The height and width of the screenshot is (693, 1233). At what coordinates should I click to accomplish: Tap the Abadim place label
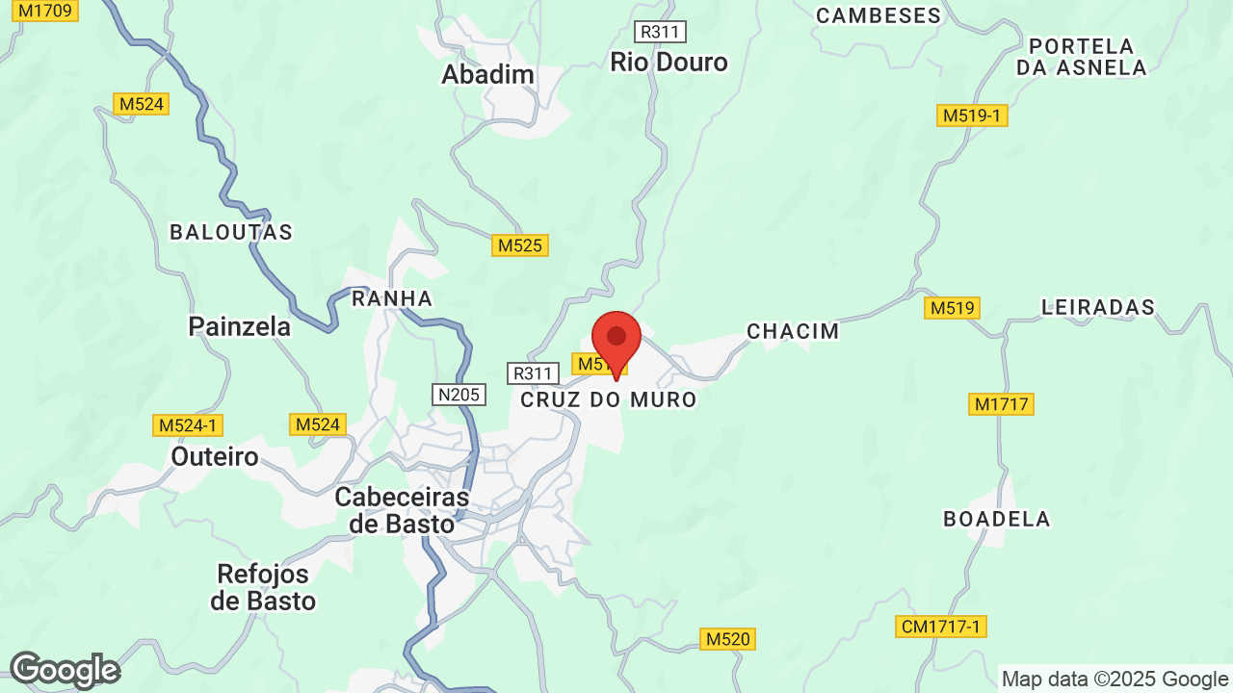(x=487, y=74)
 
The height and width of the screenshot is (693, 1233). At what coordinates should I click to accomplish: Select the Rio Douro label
(x=669, y=63)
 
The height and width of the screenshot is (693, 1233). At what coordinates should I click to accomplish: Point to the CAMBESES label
(x=878, y=15)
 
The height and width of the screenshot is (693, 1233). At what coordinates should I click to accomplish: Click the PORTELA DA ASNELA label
(x=1082, y=57)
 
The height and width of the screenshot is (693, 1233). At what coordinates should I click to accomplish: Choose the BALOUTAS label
(x=231, y=232)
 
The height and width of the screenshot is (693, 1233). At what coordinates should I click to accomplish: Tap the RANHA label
(x=392, y=298)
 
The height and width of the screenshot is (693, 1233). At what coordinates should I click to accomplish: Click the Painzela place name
(x=240, y=327)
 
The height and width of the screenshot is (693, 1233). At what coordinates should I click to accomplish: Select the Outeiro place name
(x=215, y=455)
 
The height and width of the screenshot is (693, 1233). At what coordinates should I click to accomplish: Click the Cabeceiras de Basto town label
(x=402, y=510)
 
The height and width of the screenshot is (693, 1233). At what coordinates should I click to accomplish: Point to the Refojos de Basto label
(x=263, y=587)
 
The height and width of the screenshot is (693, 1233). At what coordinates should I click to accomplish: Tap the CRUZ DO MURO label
(x=608, y=399)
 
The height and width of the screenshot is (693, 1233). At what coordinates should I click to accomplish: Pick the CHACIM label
(x=793, y=331)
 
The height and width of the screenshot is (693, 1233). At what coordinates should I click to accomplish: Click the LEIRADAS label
(x=1097, y=307)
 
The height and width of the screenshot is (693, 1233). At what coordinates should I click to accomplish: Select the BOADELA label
(x=996, y=519)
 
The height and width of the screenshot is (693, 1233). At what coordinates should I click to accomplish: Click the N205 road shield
(x=459, y=395)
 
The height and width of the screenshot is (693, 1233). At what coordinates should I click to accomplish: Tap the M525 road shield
(x=519, y=245)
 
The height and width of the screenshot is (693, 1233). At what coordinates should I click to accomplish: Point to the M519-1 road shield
(x=972, y=115)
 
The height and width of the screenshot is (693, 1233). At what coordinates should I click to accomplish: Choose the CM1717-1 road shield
(x=940, y=627)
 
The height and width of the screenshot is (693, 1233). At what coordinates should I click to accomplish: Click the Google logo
(x=64, y=670)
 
